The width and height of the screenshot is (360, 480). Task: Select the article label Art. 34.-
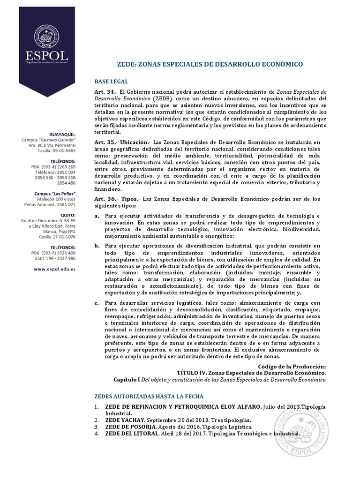[x=105, y=92]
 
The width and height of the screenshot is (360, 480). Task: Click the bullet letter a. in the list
[x=97, y=216]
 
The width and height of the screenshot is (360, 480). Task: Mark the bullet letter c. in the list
[x=97, y=302]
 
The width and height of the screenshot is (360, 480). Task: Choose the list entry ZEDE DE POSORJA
[x=130, y=427]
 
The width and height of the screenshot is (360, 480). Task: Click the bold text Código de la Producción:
[x=292, y=366]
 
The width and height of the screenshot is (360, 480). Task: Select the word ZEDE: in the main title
[x=125, y=63]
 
